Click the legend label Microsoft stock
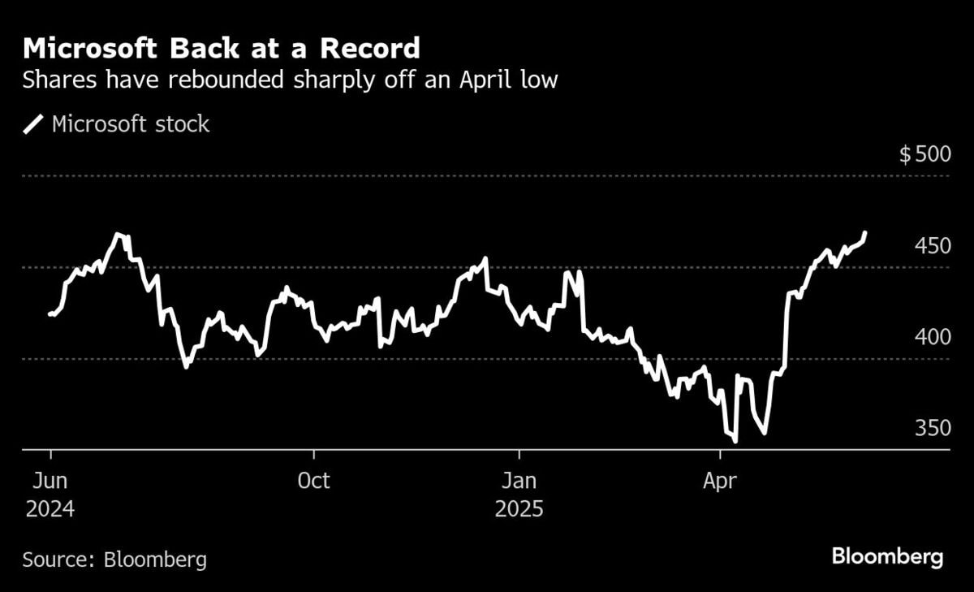point(131,124)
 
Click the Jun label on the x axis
point(50,481)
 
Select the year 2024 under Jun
point(50,510)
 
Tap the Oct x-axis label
point(313,481)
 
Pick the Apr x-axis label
point(719,481)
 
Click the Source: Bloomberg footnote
point(114,560)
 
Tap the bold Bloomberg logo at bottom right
point(887,557)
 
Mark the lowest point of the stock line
point(735,441)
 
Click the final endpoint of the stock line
point(865,233)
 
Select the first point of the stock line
point(50,313)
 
